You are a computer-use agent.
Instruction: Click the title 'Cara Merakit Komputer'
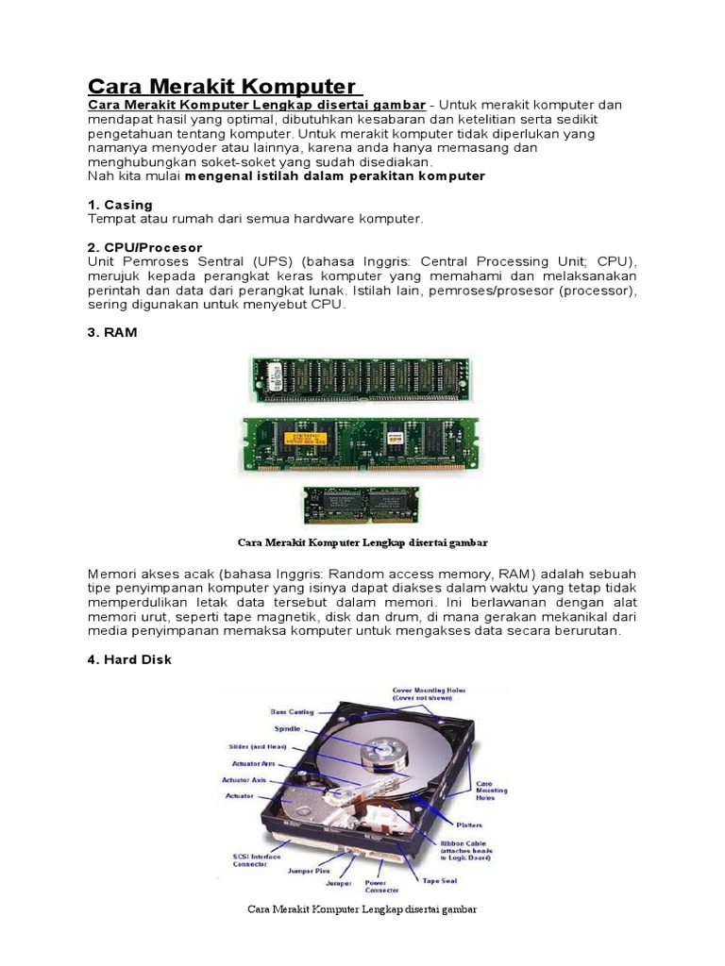pyautogui.click(x=222, y=85)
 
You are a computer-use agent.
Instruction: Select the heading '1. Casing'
pyautogui.click(x=120, y=205)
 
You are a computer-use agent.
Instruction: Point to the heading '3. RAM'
pyautogui.click(x=112, y=332)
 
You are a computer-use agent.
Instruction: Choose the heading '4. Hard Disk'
pyautogui.click(x=130, y=659)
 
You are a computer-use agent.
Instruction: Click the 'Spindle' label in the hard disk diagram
pyautogui.click(x=288, y=728)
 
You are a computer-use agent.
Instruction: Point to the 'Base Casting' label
pyautogui.click(x=292, y=711)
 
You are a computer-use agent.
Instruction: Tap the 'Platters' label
pyautogui.click(x=468, y=824)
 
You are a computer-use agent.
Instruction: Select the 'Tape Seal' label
pyautogui.click(x=440, y=879)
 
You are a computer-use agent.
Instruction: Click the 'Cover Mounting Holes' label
pyautogui.click(x=429, y=694)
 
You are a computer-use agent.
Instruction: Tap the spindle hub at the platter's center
pyautogui.click(x=387, y=745)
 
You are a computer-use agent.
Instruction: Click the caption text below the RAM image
pyautogui.click(x=362, y=542)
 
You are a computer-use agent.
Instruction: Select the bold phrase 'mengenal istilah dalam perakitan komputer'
pyautogui.click(x=335, y=175)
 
